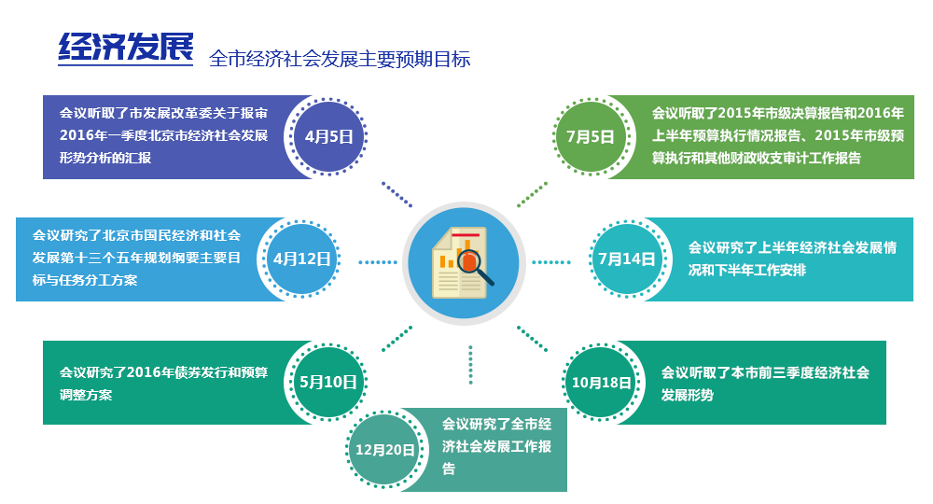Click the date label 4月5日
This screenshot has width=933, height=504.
tap(329, 136)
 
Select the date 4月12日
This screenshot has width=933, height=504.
tap(302, 259)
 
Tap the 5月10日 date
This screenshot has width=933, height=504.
tap(328, 382)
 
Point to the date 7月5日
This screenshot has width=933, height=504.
tap(591, 136)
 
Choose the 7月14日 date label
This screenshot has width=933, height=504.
tap(627, 259)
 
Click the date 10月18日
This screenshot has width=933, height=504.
tap(602, 383)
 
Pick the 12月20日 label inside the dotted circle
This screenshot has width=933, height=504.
tap(385, 450)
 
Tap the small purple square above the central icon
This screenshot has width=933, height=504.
tap(397, 194)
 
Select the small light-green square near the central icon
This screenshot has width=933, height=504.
tap(532, 194)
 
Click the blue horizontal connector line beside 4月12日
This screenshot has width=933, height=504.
tap(378, 262)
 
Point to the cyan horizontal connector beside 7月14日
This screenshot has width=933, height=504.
tap(551, 262)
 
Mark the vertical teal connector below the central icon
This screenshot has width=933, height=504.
tap(470, 365)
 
